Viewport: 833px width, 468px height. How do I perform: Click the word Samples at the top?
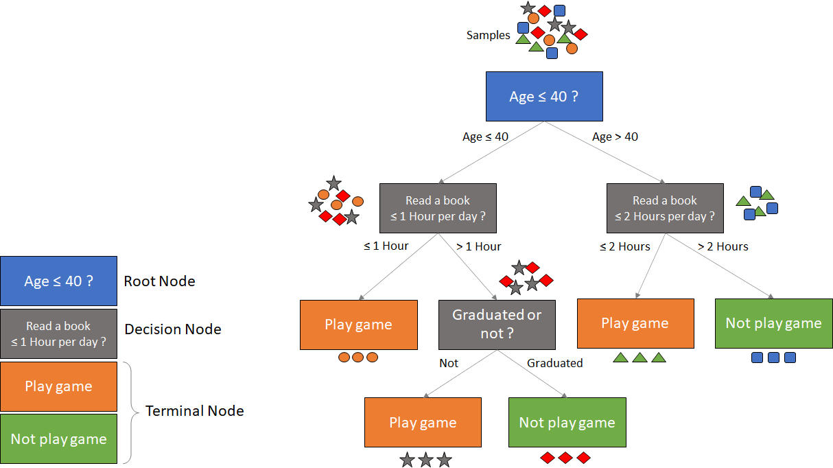coord(488,35)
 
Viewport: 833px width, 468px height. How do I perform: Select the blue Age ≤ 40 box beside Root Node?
coord(58,281)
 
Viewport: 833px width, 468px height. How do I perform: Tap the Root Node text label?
coord(159,281)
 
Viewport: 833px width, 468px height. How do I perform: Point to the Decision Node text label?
coord(172,329)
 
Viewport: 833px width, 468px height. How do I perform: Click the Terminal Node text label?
coord(194,411)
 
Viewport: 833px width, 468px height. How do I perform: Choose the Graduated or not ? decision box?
coord(497,325)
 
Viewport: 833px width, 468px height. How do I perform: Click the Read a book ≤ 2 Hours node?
coord(664,208)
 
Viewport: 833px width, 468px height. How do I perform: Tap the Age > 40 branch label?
coord(615,137)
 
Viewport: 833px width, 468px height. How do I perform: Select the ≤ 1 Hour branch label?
coord(386,246)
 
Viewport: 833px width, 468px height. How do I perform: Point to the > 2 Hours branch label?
coord(723,246)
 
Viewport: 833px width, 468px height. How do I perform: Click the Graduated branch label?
coord(554,363)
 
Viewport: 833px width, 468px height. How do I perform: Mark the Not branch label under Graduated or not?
coord(449,363)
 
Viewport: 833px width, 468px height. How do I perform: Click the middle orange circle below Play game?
coord(357,358)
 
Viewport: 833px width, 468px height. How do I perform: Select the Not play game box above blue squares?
coord(773,323)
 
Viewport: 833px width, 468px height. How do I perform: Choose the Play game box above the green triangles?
coord(635,323)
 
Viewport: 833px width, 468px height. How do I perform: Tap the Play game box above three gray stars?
coord(423,423)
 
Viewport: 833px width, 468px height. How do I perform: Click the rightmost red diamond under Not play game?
coord(583,458)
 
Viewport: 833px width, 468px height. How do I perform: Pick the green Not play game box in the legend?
coord(58,438)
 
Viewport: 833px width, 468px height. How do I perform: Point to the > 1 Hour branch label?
coord(478,246)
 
